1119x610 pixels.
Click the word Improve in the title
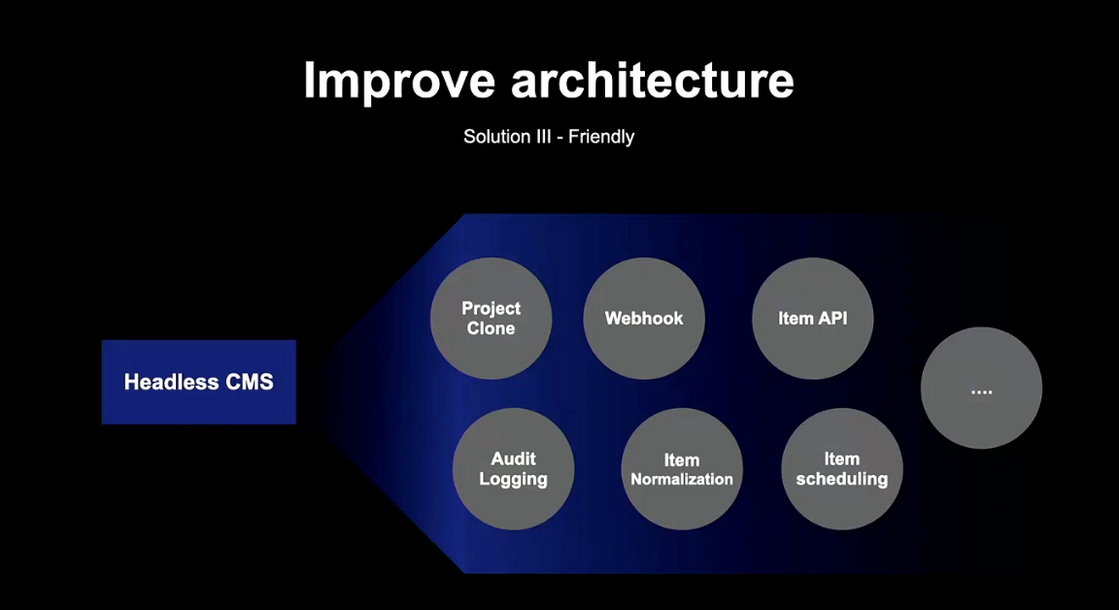pyautogui.click(x=400, y=81)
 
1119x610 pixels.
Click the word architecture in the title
pyautogui.click(x=652, y=81)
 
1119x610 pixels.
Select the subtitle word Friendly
pyautogui.click(x=601, y=137)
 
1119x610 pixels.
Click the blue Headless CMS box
pyautogui.click(x=199, y=382)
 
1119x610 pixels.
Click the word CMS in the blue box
pyautogui.click(x=249, y=382)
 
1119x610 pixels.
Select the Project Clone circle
pyautogui.click(x=491, y=318)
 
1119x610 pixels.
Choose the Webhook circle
pyautogui.click(x=644, y=318)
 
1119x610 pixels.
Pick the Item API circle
pyautogui.click(x=813, y=318)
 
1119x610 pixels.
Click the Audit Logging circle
pyautogui.click(x=513, y=468)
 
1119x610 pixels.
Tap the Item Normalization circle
pyautogui.click(x=682, y=468)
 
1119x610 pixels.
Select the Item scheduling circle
pyautogui.click(x=842, y=468)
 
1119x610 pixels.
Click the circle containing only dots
pyautogui.click(x=981, y=389)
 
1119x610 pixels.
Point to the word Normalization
pyautogui.click(x=682, y=479)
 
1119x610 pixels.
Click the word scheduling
pyautogui.click(x=842, y=479)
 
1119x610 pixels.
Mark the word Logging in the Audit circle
pyautogui.click(x=513, y=479)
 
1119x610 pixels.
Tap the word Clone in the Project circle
pyautogui.click(x=491, y=328)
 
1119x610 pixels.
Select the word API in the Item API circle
pyautogui.click(x=831, y=318)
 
